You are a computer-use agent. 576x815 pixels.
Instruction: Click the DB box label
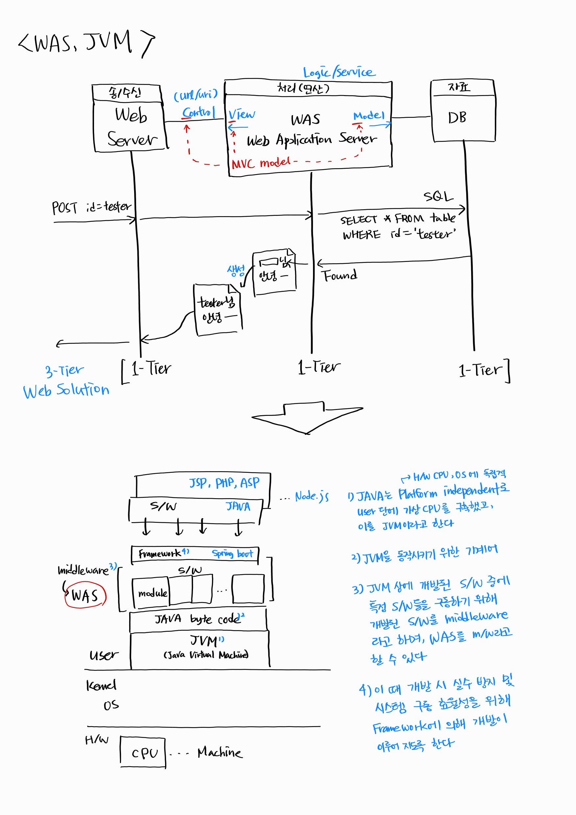coord(457,118)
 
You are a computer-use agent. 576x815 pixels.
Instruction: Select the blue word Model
coord(369,116)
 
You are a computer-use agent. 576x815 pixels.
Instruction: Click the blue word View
coord(242,114)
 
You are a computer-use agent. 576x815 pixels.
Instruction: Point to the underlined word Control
coord(199,112)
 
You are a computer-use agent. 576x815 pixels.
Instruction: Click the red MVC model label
coord(261,163)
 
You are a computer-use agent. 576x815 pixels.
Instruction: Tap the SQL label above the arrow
coord(438,196)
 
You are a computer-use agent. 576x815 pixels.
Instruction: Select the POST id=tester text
coord(91,207)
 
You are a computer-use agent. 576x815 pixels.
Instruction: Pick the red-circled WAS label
coord(85,596)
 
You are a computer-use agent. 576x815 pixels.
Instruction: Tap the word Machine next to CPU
coord(220,752)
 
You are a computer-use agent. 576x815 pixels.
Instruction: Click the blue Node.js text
coord(312,496)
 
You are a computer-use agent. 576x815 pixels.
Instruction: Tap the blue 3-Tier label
coord(64,370)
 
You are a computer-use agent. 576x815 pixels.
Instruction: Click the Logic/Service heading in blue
coord(339,72)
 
